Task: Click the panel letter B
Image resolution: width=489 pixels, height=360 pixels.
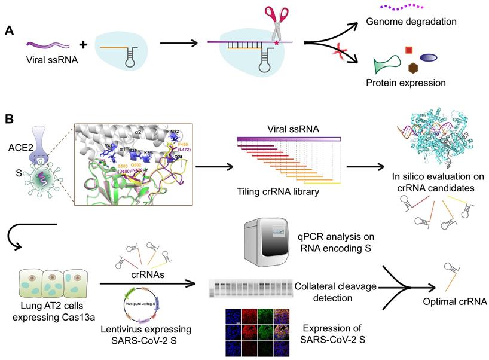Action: [10, 119]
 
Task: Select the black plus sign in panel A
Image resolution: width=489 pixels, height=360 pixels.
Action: [83, 44]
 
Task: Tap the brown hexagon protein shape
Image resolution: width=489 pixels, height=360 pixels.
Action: [412, 68]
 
